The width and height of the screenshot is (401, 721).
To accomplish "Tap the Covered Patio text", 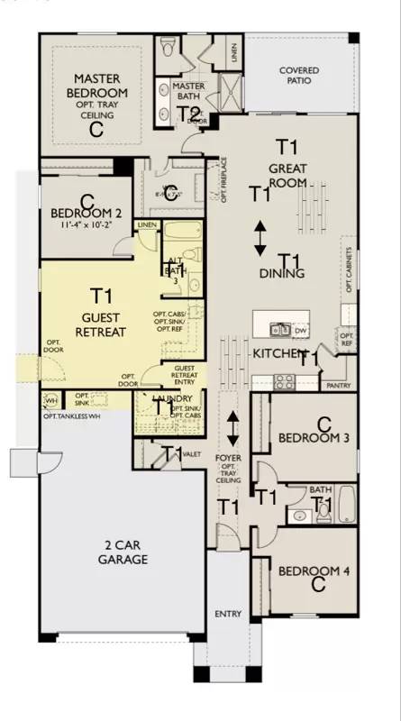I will click(300, 76).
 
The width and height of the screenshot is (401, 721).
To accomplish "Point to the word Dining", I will click(281, 273).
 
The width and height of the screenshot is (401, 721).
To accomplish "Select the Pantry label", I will click(340, 385).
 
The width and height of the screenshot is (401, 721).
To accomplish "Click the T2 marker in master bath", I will click(188, 113).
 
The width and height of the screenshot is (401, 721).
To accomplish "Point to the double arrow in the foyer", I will click(232, 428).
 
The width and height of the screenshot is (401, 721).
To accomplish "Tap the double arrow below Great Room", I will click(260, 237).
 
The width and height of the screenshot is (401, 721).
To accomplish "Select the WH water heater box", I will click(50, 400).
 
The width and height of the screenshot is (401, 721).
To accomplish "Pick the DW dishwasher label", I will click(300, 332).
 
